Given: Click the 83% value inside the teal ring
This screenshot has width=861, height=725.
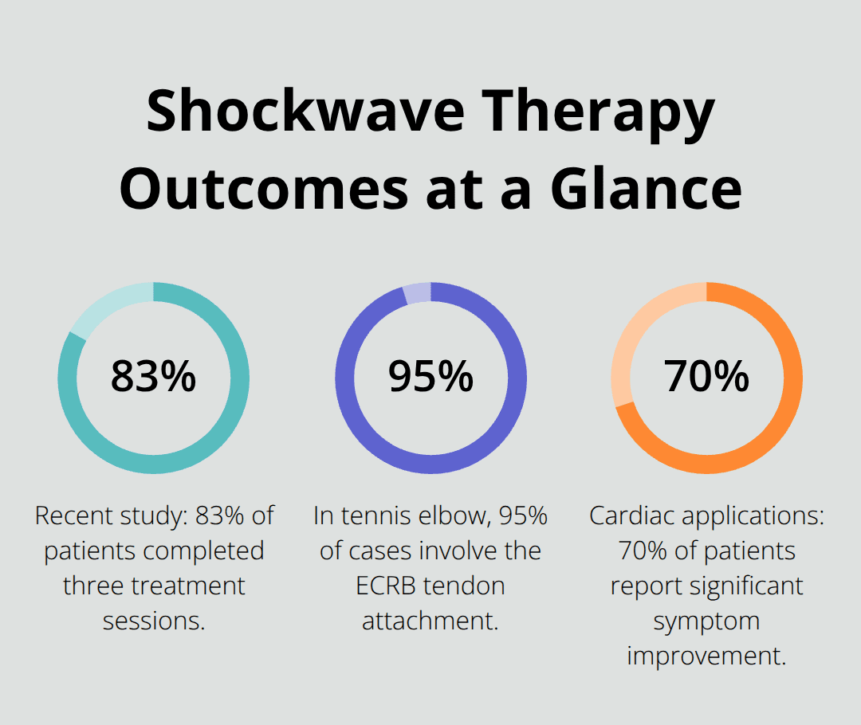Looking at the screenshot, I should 153,377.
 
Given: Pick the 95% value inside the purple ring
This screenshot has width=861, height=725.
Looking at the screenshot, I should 431,377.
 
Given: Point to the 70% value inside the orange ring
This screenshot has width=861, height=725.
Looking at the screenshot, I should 706,377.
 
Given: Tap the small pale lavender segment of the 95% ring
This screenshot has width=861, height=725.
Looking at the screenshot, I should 418,293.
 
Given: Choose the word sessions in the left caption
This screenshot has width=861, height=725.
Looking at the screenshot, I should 154,621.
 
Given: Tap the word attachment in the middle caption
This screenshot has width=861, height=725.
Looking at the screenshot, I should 431,621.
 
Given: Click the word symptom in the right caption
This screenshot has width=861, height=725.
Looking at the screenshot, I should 706,621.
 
